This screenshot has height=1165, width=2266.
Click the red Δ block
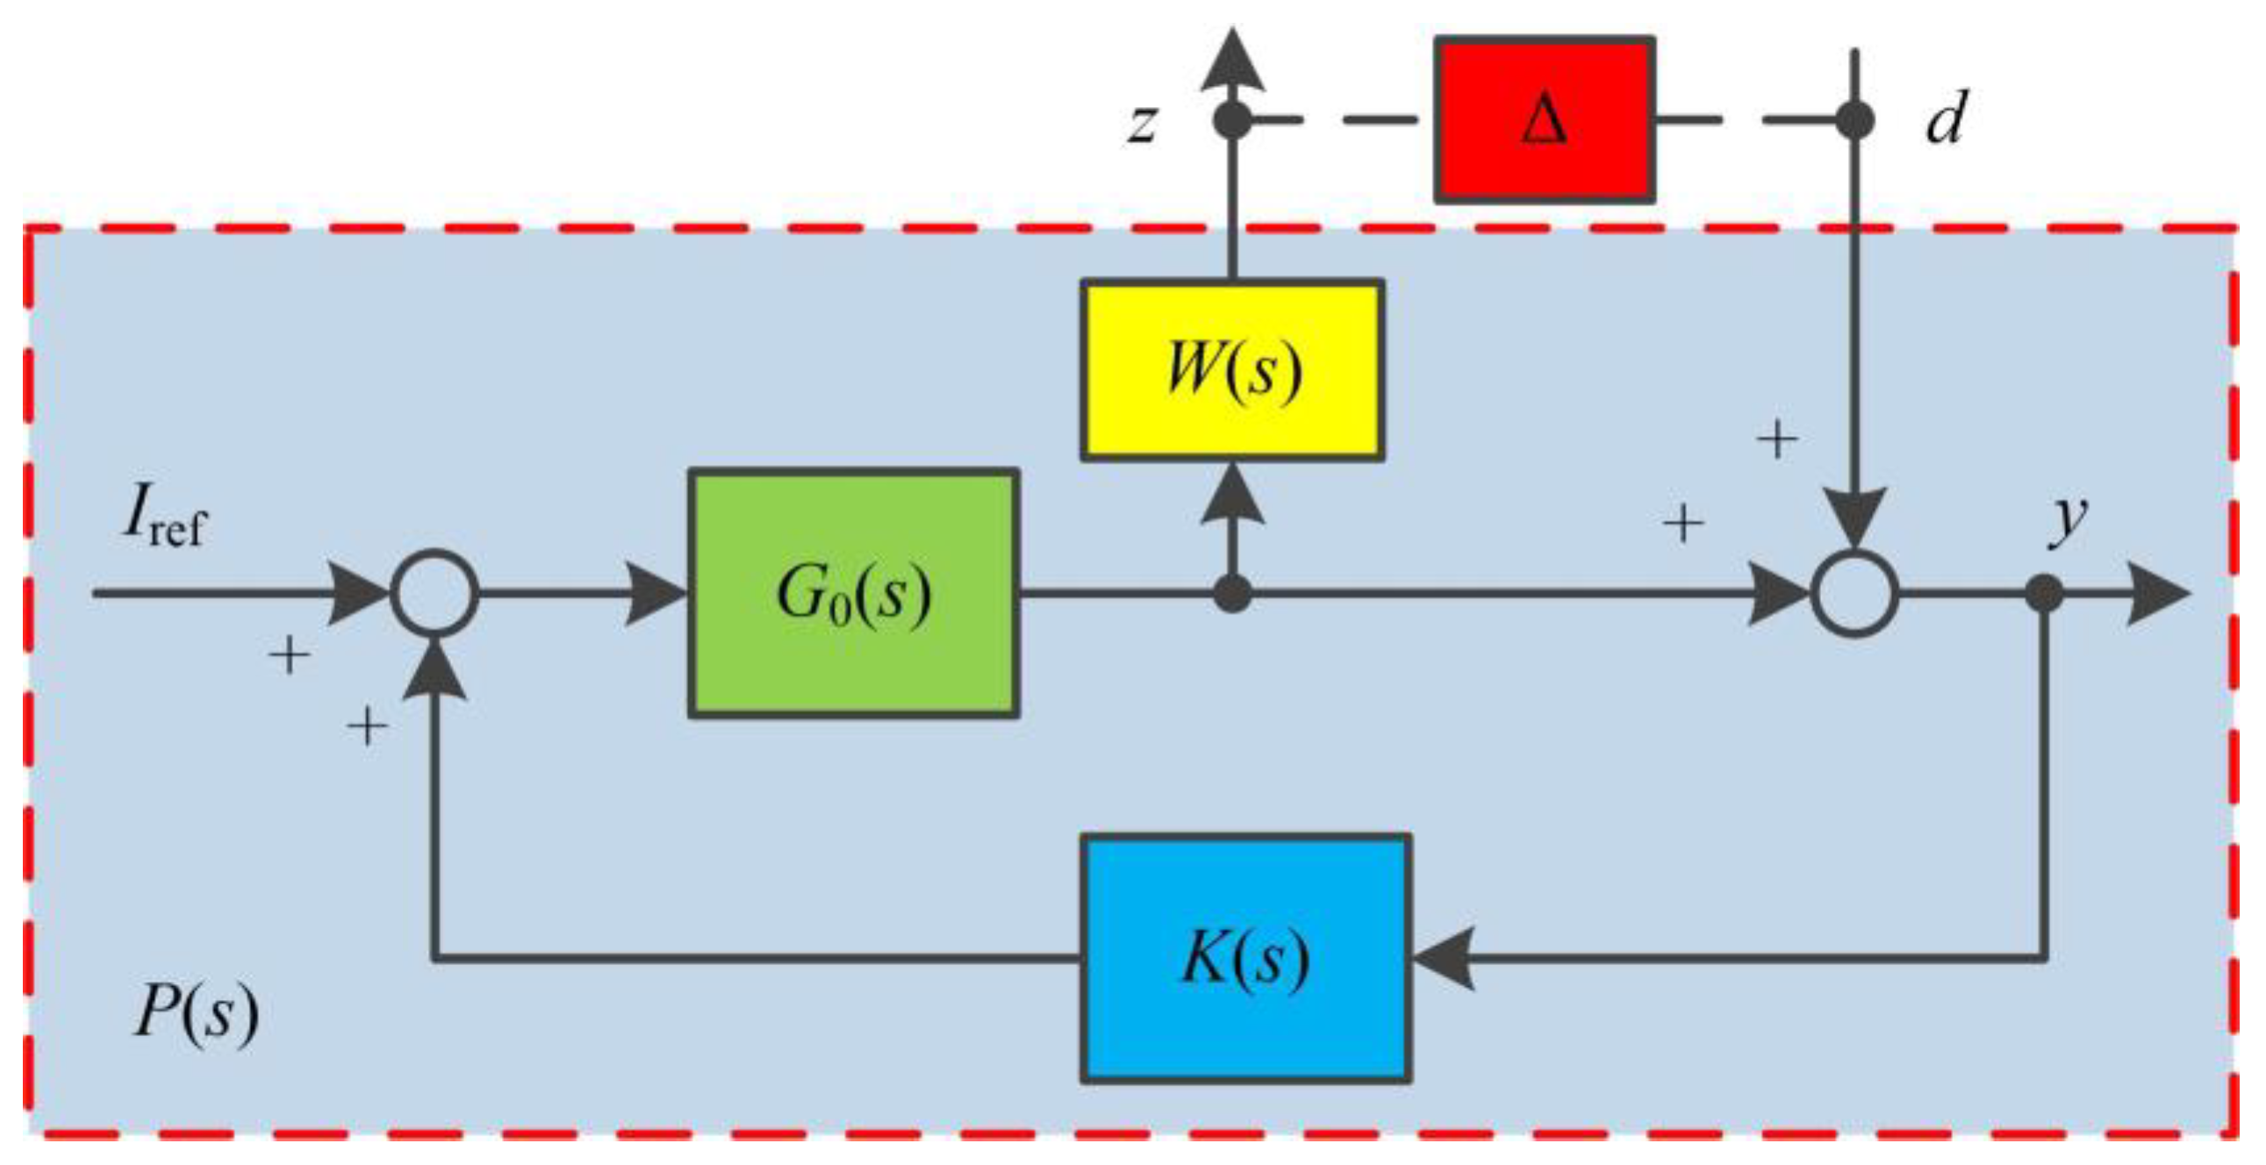tap(1545, 120)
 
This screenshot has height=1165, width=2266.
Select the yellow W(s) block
tap(1231, 370)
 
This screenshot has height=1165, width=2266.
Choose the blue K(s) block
tap(1245, 958)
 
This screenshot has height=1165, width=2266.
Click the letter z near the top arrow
tap(1142, 123)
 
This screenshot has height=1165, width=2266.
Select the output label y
tap(2067, 518)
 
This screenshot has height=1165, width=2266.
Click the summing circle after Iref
tap(434, 594)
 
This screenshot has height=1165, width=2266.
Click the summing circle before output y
tap(1855, 594)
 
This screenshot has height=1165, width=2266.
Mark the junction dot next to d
tap(1855, 120)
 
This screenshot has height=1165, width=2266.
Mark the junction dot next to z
tap(1231, 120)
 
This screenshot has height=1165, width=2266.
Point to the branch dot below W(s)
tap(1231, 595)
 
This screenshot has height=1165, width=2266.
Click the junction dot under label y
tap(2043, 594)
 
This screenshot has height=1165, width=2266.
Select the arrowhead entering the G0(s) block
tap(656, 594)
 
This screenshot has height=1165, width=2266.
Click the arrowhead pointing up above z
tap(1231, 60)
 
